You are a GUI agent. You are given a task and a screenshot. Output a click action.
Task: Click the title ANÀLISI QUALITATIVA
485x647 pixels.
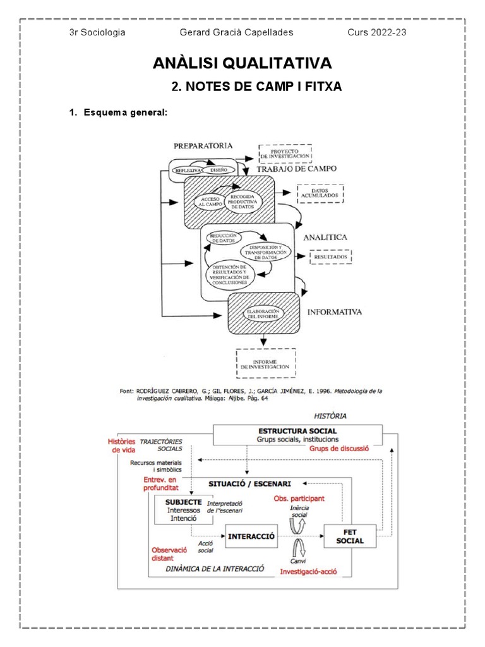click(x=242, y=63)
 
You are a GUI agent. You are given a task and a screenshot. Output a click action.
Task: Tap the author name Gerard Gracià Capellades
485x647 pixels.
click(x=236, y=32)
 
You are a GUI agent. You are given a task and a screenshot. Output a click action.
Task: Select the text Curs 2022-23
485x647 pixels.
click(x=377, y=32)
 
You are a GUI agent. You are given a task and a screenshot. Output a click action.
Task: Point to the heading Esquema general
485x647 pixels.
click(x=120, y=112)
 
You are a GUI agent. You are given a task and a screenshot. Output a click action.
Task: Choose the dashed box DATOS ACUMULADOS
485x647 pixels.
click(x=320, y=193)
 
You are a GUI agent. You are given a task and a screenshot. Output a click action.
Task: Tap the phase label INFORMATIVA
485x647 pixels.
click(x=334, y=311)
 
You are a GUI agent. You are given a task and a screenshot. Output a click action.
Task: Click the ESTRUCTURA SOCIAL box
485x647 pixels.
click(x=297, y=435)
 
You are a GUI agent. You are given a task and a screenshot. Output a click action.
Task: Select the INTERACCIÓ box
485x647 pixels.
click(x=251, y=536)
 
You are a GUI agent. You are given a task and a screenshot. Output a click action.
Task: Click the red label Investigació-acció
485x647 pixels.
click(x=308, y=571)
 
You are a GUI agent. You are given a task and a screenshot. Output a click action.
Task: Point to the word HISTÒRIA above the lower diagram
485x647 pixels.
click(x=330, y=416)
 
